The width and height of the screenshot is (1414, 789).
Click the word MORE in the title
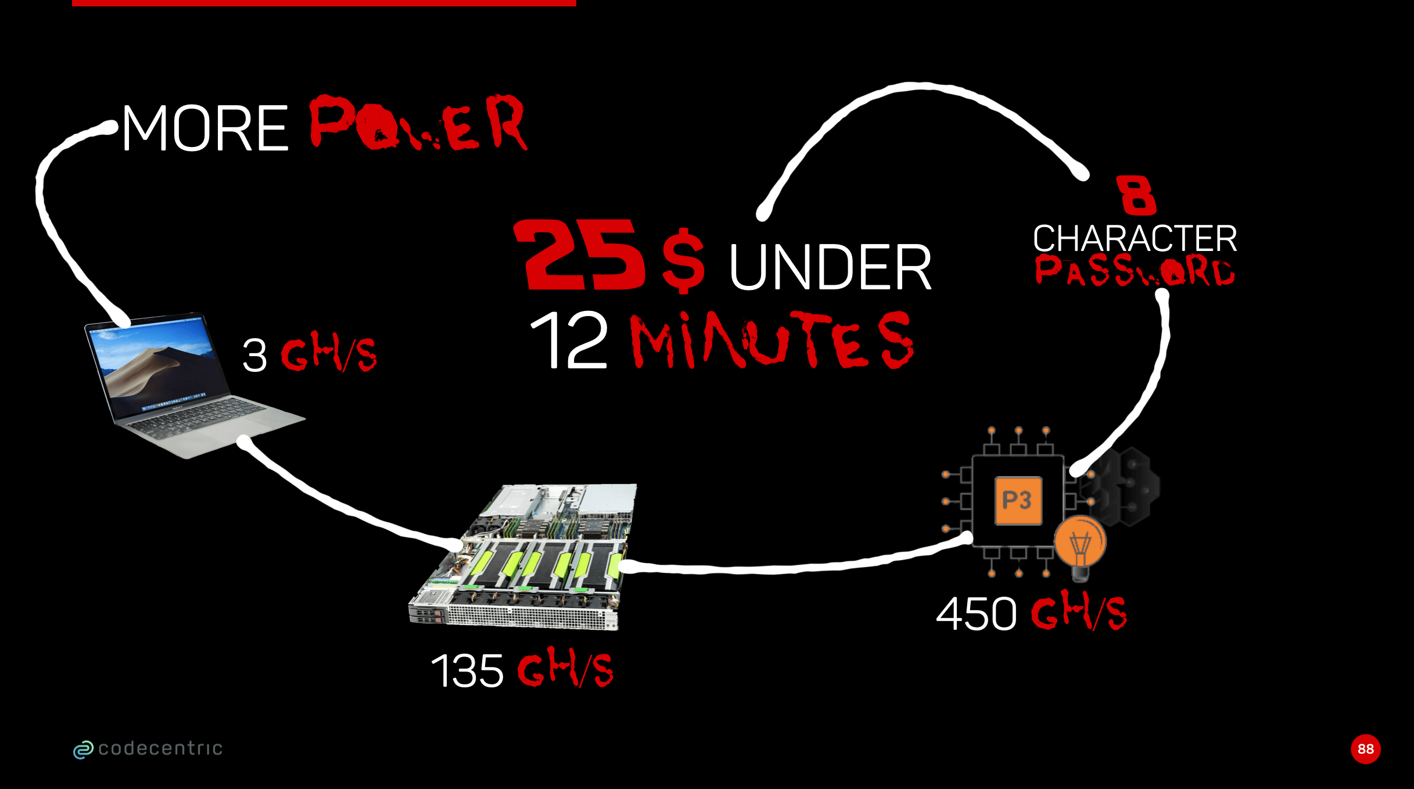(204, 128)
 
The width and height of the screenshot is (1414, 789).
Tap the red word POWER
(418, 124)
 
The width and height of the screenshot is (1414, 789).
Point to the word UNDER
(830, 267)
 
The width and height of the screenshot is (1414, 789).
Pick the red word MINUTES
(772, 340)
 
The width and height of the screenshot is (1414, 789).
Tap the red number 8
(1136, 195)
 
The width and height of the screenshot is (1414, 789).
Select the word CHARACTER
(1135, 238)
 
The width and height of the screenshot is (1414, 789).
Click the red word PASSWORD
(1135, 271)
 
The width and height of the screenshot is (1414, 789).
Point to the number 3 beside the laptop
(254, 355)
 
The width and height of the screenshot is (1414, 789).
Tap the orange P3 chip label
(1018, 500)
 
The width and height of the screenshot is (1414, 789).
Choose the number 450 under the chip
(976, 614)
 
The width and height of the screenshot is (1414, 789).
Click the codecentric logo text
(160, 748)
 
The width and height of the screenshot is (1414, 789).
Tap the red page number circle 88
(1365, 749)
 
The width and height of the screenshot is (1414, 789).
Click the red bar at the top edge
(324, 3)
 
